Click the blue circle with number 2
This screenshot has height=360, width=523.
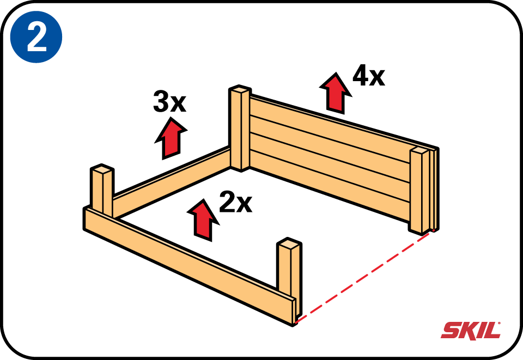click(x=36, y=36)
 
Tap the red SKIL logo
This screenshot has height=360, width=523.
click(x=471, y=330)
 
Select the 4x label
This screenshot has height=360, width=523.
click(x=369, y=75)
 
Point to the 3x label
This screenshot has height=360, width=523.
click(x=169, y=101)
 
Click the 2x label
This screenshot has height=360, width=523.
click(x=235, y=202)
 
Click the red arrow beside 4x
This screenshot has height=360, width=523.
click(x=336, y=93)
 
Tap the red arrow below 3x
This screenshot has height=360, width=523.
click(x=171, y=138)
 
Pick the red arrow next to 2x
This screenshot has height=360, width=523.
click(x=203, y=219)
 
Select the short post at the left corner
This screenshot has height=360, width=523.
click(x=102, y=191)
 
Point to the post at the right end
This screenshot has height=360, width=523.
click(x=419, y=190)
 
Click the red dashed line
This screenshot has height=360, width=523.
click(x=364, y=276)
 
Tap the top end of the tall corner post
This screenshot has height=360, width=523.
click(x=240, y=89)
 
